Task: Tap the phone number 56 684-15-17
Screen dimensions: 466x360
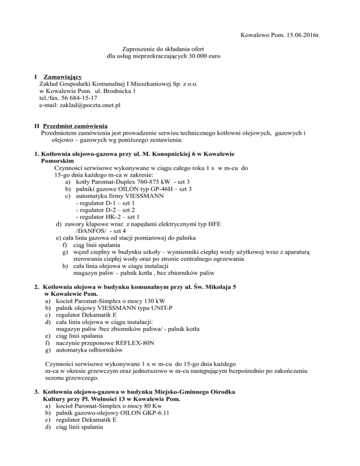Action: [80, 99]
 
